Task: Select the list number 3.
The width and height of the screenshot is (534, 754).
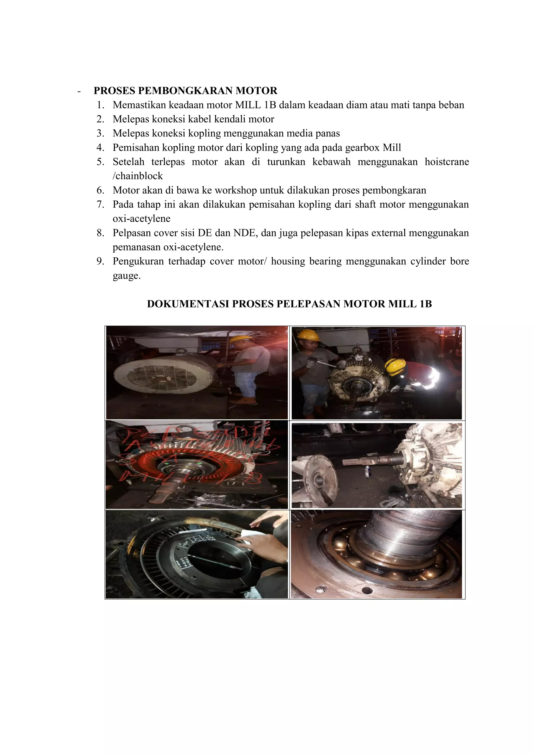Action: (x=100, y=133)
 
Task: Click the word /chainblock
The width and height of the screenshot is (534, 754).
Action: (x=137, y=176)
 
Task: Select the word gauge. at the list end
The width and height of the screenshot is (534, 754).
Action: (x=127, y=276)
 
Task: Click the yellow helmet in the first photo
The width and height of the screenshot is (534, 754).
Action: (x=241, y=339)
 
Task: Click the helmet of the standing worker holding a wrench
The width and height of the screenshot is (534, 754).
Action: (x=308, y=335)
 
